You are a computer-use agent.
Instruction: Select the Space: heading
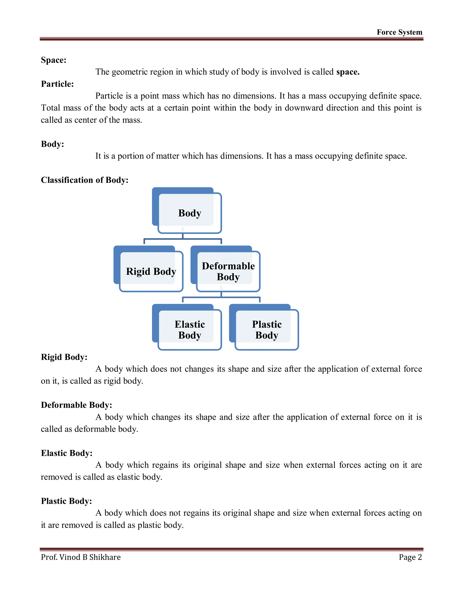coord(54,60)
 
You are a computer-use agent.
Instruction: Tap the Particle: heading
coord(57,84)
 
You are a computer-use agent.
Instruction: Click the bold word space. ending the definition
coord(347,72)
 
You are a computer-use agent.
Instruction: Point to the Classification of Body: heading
coord(85,180)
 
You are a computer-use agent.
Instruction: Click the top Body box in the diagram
coord(189,213)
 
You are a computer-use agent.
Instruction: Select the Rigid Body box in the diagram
coord(151,271)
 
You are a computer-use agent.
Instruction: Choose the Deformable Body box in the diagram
coord(228,271)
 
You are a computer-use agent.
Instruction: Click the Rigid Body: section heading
coord(64,357)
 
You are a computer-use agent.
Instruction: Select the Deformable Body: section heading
coord(76,405)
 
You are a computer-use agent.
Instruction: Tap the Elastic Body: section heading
coord(67,453)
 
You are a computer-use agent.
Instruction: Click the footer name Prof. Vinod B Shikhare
coord(81,557)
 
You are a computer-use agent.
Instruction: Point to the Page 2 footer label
coord(410,557)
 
